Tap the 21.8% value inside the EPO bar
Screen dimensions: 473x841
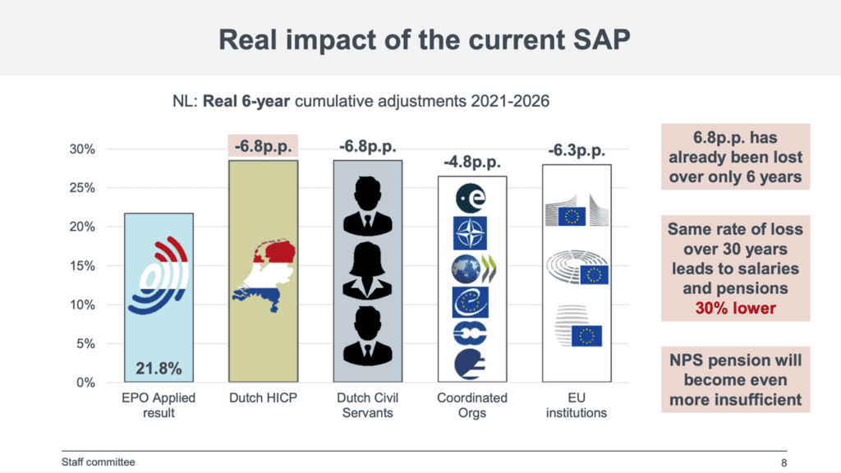coord(159,369)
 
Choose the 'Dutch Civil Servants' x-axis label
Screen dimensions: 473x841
coord(367,405)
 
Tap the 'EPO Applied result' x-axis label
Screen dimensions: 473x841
coord(159,405)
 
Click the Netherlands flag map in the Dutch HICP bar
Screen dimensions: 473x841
coord(264,269)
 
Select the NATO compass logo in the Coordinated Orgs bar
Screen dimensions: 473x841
coord(470,233)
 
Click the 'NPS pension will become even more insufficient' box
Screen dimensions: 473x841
coord(735,380)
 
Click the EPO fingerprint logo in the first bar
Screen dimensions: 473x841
coord(159,275)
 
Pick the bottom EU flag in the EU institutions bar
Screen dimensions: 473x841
coord(586,336)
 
